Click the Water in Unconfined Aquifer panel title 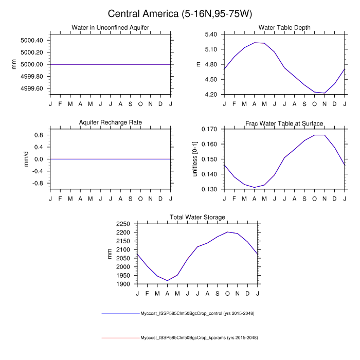point(110,27)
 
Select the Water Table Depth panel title point(284,27)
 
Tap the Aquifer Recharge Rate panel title point(110,122)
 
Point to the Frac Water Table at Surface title point(284,123)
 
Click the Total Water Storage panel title point(197,218)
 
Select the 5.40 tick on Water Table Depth point(212,34)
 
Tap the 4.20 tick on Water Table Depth point(212,95)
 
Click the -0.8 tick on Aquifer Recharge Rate point(38,183)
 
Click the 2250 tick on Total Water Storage point(124,224)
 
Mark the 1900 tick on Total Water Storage point(124,284)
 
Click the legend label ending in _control point(197,313)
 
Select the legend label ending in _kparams point(199,338)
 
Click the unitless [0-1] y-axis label point(195,159)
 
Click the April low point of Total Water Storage point(167,281)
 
